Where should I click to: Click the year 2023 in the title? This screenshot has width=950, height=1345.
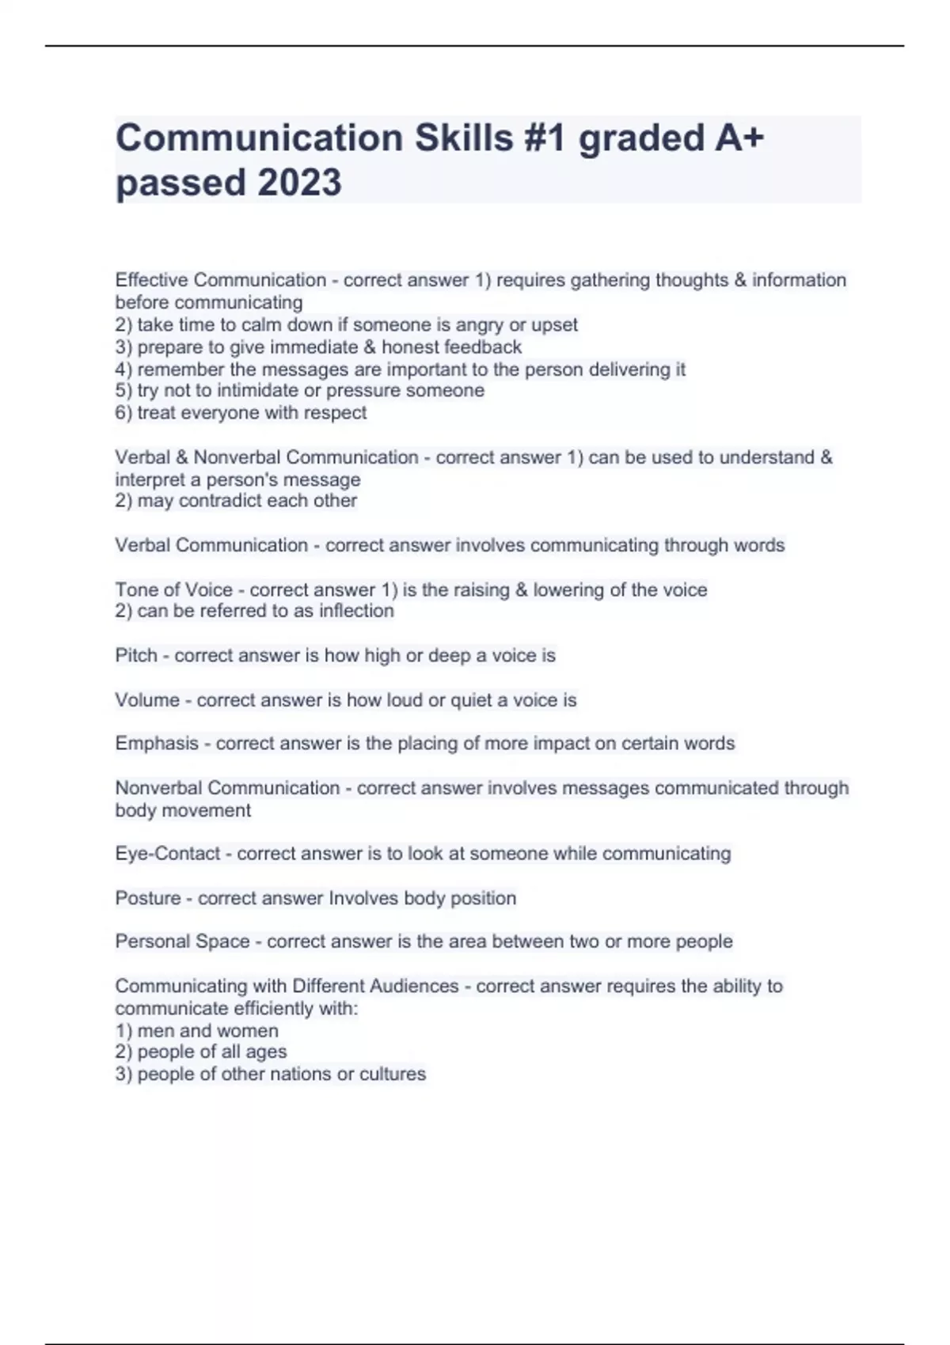pos(300,183)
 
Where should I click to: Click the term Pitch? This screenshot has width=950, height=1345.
pos(136,655)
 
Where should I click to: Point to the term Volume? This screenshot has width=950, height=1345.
pos(147,699)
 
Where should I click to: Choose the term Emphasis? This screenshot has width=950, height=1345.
pos(157,743)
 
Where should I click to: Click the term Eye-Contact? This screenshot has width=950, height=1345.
pos(168,853)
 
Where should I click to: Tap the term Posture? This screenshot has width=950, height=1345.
pos(148,898)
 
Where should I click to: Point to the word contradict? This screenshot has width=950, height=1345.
pos(226,500)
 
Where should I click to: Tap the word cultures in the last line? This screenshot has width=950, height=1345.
pos(393,1074)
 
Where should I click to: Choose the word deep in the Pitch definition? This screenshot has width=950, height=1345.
pos(449,655)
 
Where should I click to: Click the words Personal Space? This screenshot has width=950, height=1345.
pos(182,941)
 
